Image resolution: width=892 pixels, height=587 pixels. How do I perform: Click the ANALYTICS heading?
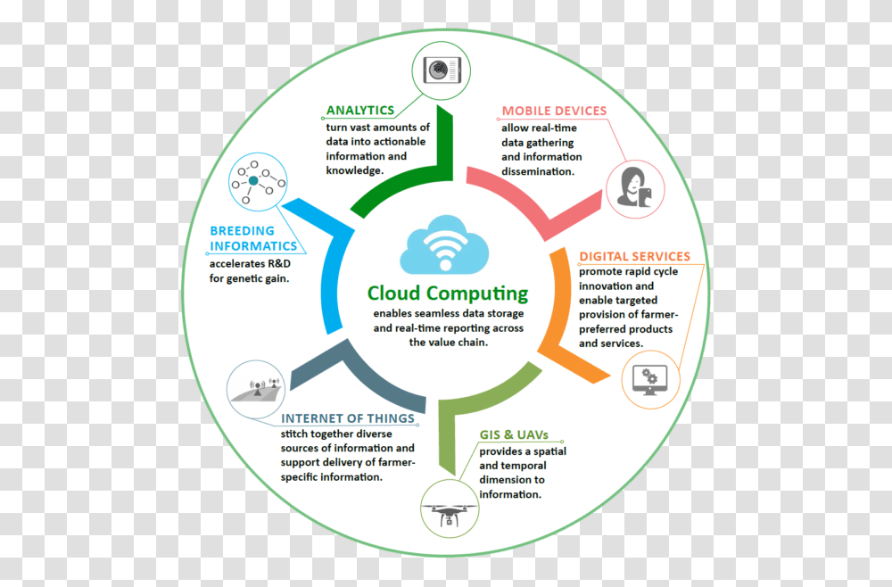[359, 111]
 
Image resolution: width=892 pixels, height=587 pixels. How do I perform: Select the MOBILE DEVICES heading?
[554, 112]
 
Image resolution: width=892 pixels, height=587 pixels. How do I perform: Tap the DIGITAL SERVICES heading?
[634, 257]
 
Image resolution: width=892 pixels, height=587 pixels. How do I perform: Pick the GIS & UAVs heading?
[513, 435]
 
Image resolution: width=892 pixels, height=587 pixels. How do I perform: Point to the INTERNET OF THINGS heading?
[347, 418]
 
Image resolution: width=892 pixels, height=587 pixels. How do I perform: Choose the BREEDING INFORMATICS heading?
[253, 238]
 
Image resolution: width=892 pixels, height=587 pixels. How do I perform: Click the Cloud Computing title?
[448, 293]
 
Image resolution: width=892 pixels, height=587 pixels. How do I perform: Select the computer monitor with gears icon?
[650, 380]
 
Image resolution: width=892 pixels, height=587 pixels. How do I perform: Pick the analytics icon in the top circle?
[440, 70]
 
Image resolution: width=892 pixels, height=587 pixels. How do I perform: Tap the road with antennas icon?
[257, 391]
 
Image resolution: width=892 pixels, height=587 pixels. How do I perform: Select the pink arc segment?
[535, 193]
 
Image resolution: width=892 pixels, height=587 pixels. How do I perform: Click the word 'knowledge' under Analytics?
[354, 170]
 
